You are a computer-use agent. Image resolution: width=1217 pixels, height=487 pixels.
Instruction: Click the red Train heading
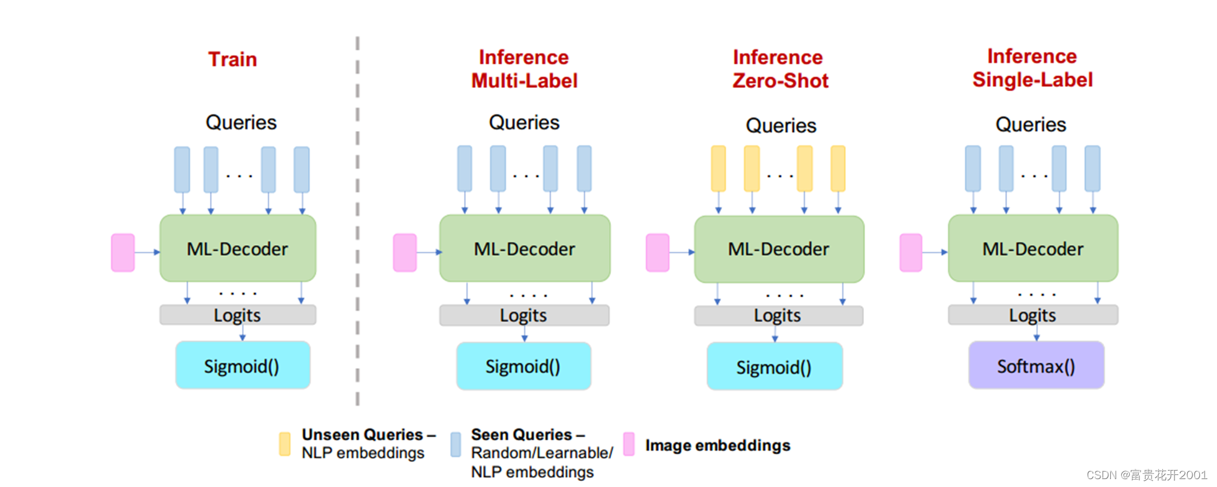tap(232, 59)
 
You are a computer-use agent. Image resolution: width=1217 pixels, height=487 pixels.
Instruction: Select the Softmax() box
tap(1036, 366)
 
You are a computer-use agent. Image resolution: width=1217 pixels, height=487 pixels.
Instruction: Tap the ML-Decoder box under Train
tap(237, 249)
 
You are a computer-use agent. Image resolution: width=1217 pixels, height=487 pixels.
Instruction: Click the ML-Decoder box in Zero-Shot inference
tap(778, 249)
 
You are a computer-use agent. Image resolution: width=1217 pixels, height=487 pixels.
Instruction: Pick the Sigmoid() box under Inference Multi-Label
tap(523, 366)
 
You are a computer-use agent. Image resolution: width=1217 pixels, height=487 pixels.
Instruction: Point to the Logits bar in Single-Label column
tap(1033, 315)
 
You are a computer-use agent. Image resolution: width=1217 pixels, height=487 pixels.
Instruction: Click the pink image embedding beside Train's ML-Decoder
tap(123, 252)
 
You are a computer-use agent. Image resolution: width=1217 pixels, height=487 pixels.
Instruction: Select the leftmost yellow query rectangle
tap(718, 169)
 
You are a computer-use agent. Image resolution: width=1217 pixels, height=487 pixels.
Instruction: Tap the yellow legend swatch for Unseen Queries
tap(285, 444)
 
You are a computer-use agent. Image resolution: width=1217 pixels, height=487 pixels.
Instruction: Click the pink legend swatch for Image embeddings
tap(629, 444)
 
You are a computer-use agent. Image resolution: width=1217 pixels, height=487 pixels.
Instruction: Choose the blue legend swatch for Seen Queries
tap(456, 444)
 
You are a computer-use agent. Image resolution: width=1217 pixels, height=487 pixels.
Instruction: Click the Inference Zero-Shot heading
tap(780, 69)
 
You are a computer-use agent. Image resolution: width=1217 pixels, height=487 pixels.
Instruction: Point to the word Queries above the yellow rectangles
tap(781, 126)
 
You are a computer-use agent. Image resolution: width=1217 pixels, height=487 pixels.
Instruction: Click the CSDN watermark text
tap(1146, 475)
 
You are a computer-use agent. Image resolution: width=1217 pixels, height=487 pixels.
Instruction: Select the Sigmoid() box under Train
tap(242, 366)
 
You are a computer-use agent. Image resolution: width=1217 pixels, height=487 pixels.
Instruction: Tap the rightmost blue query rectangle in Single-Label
tap(1092, 169)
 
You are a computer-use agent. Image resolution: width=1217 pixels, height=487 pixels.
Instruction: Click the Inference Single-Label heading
tap(1032, 68)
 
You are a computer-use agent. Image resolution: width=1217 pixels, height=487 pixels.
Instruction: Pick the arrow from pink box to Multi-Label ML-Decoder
tap(428, 252)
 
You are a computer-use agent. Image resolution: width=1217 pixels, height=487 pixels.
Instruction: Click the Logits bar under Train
tap(237, 315)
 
